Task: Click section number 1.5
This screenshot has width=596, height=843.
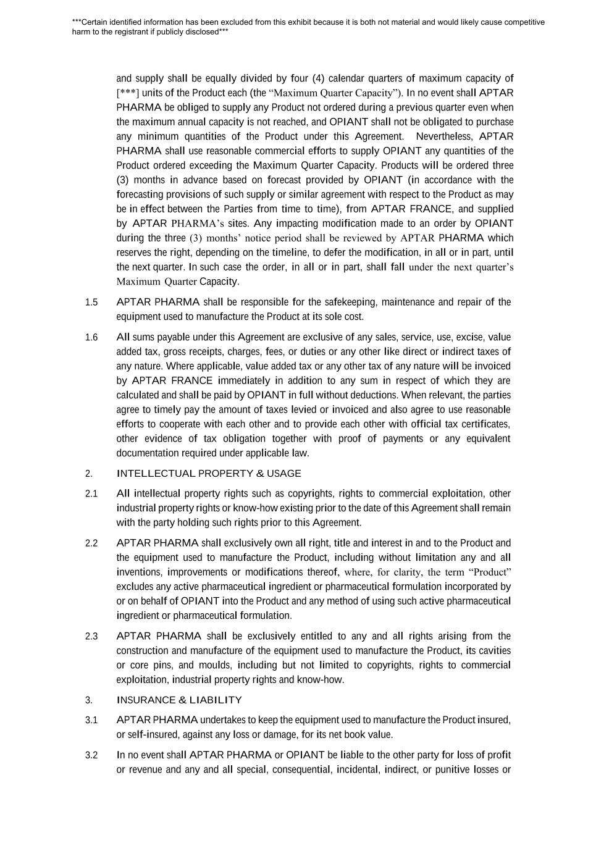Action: pyautogui.click(x=91, y=303)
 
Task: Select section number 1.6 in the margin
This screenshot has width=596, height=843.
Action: pyautogui.click(x=91, y=338)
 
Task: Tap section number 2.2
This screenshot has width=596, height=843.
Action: pyautogui.click(x=91, y=543)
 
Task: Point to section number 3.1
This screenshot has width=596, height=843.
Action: pyautogui.click(x=91, y=721)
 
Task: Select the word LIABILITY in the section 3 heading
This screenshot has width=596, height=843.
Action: pyautogui.click(x=216, y=700)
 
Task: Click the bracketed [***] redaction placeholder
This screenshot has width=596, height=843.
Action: pyautogui.click(x=127, y=93)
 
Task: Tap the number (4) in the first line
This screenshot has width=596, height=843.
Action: pyautogui.click(x=318, y=78)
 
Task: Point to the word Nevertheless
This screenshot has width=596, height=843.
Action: pyautogui.click(x=445, y=136)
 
